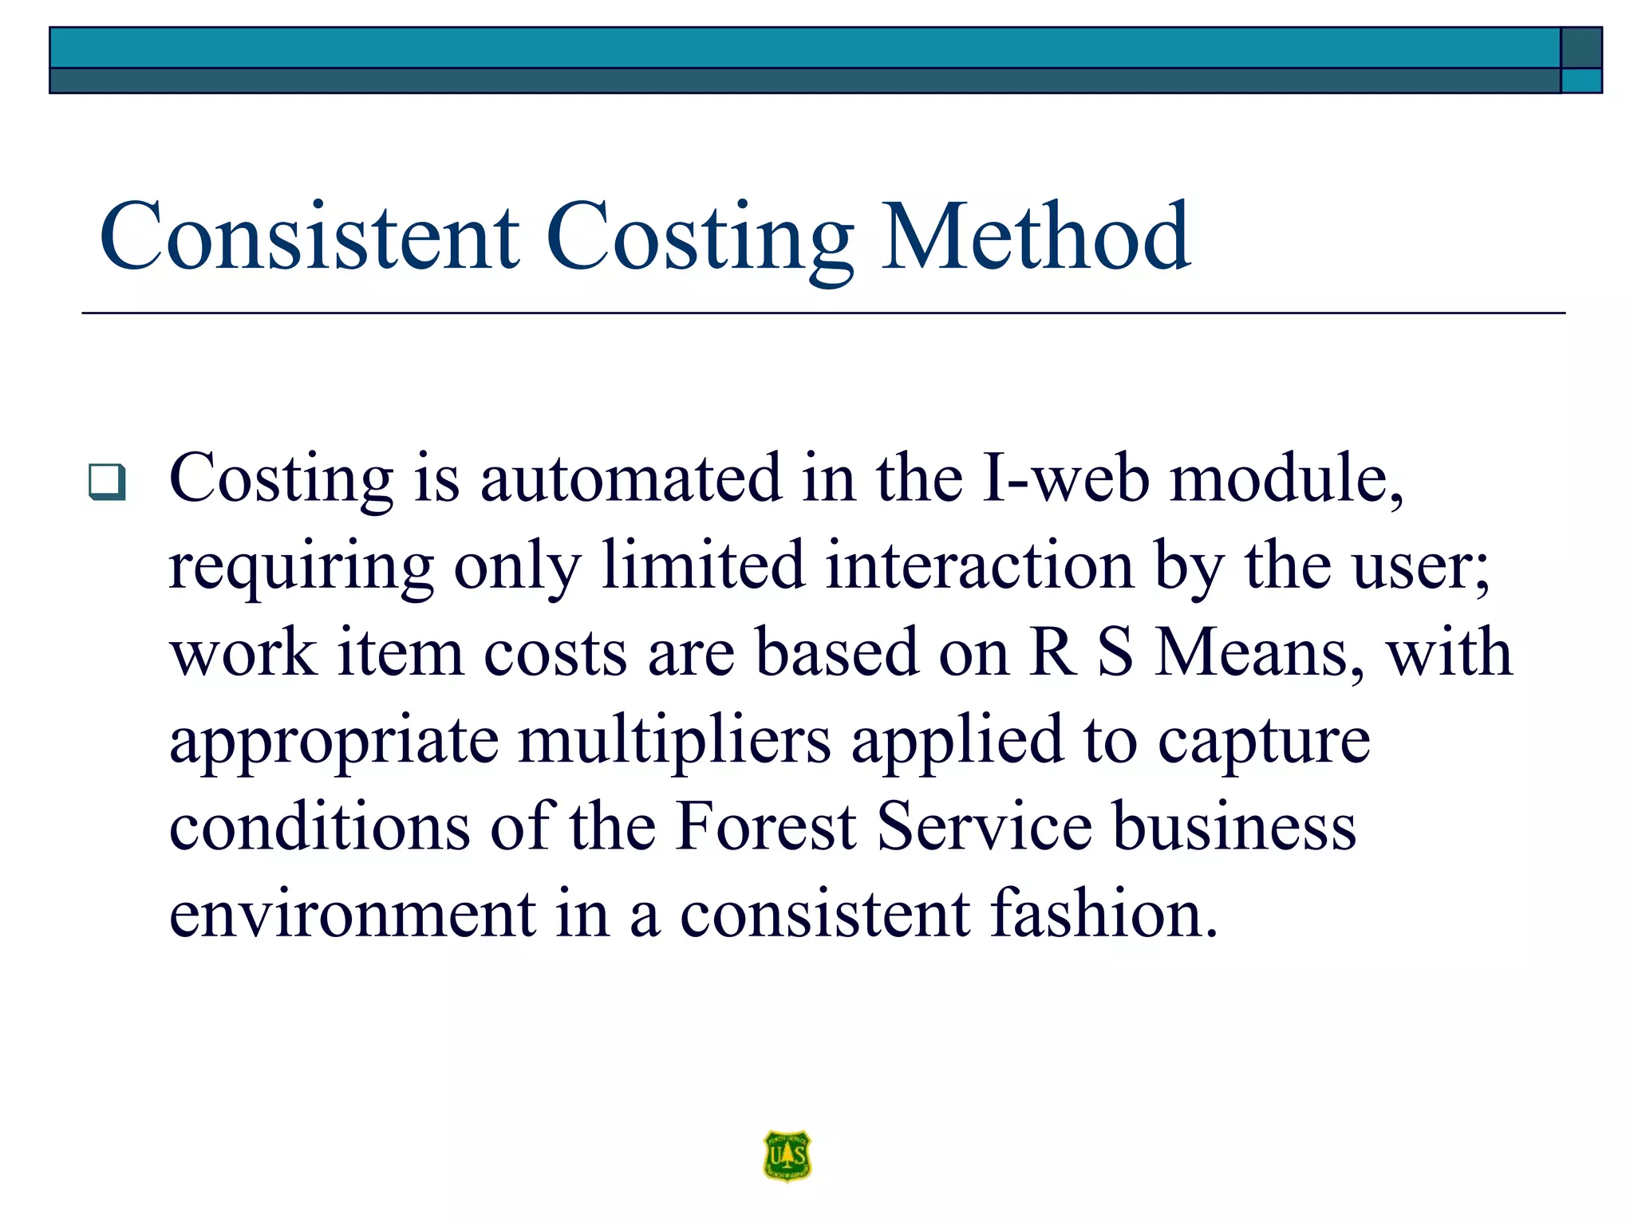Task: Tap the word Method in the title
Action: pyautogui.click(x=1036, y=237)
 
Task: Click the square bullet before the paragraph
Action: pyautogui.click(x=107, y=482)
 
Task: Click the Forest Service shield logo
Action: pyautogui.click(x=787, y=1156)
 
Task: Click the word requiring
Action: pyautogui.click(x=302, y=568)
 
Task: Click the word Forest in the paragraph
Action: pyautogui.click(x=766, y=827)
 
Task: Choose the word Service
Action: pyautogui.click(x=985, y=827)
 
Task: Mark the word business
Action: pyautogui.click(x=1234, y=827)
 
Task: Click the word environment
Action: pyautogui.click(x=352, y=914)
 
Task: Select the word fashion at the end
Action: pyautogui.click(x=1104, y=914)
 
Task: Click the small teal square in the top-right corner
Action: pyautogui.click(x=1581, y=81)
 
